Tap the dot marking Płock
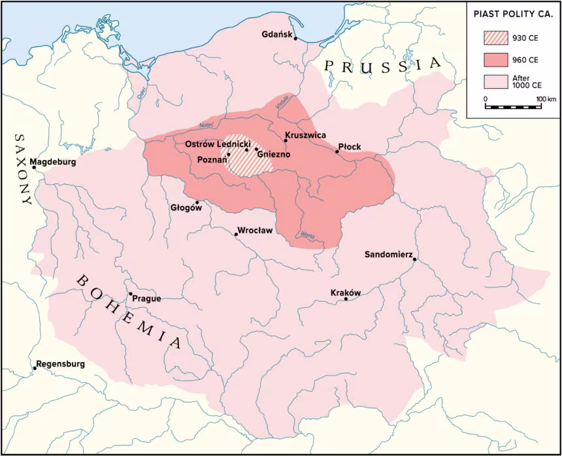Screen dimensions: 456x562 pyautogui.click(x=337, y=152)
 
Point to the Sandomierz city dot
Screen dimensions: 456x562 pyautogui.click(x=414, y=259)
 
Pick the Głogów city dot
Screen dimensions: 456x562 pyautogui.click(x=197, y=202)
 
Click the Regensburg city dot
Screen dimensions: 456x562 pyautogui.click(x=35, y=368)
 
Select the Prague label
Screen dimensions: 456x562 pyautogui.click(x=146, y=299)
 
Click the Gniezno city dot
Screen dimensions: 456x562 pyautogui.click(x=256, y=150)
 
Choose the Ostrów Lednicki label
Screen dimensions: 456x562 pyautogui.click(x=214, y=144)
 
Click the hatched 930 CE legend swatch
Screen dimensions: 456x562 pyautogui.click(x=495, y=37)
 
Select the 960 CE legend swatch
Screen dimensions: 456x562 pyautogui.click(x=495, y=59)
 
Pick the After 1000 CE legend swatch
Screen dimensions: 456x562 pyautogui.click(x=495, y=82)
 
